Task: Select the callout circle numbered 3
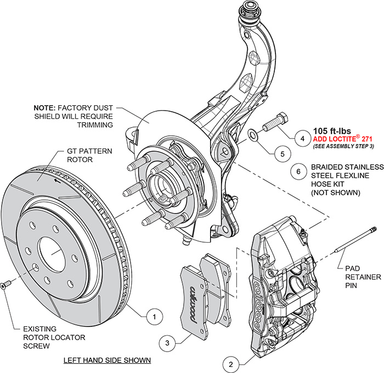(167, 343)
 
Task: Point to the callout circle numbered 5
(282, 154)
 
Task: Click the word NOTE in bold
(45, 108)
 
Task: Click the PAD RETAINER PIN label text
(363, 278)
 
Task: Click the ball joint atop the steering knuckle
(251, 9)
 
